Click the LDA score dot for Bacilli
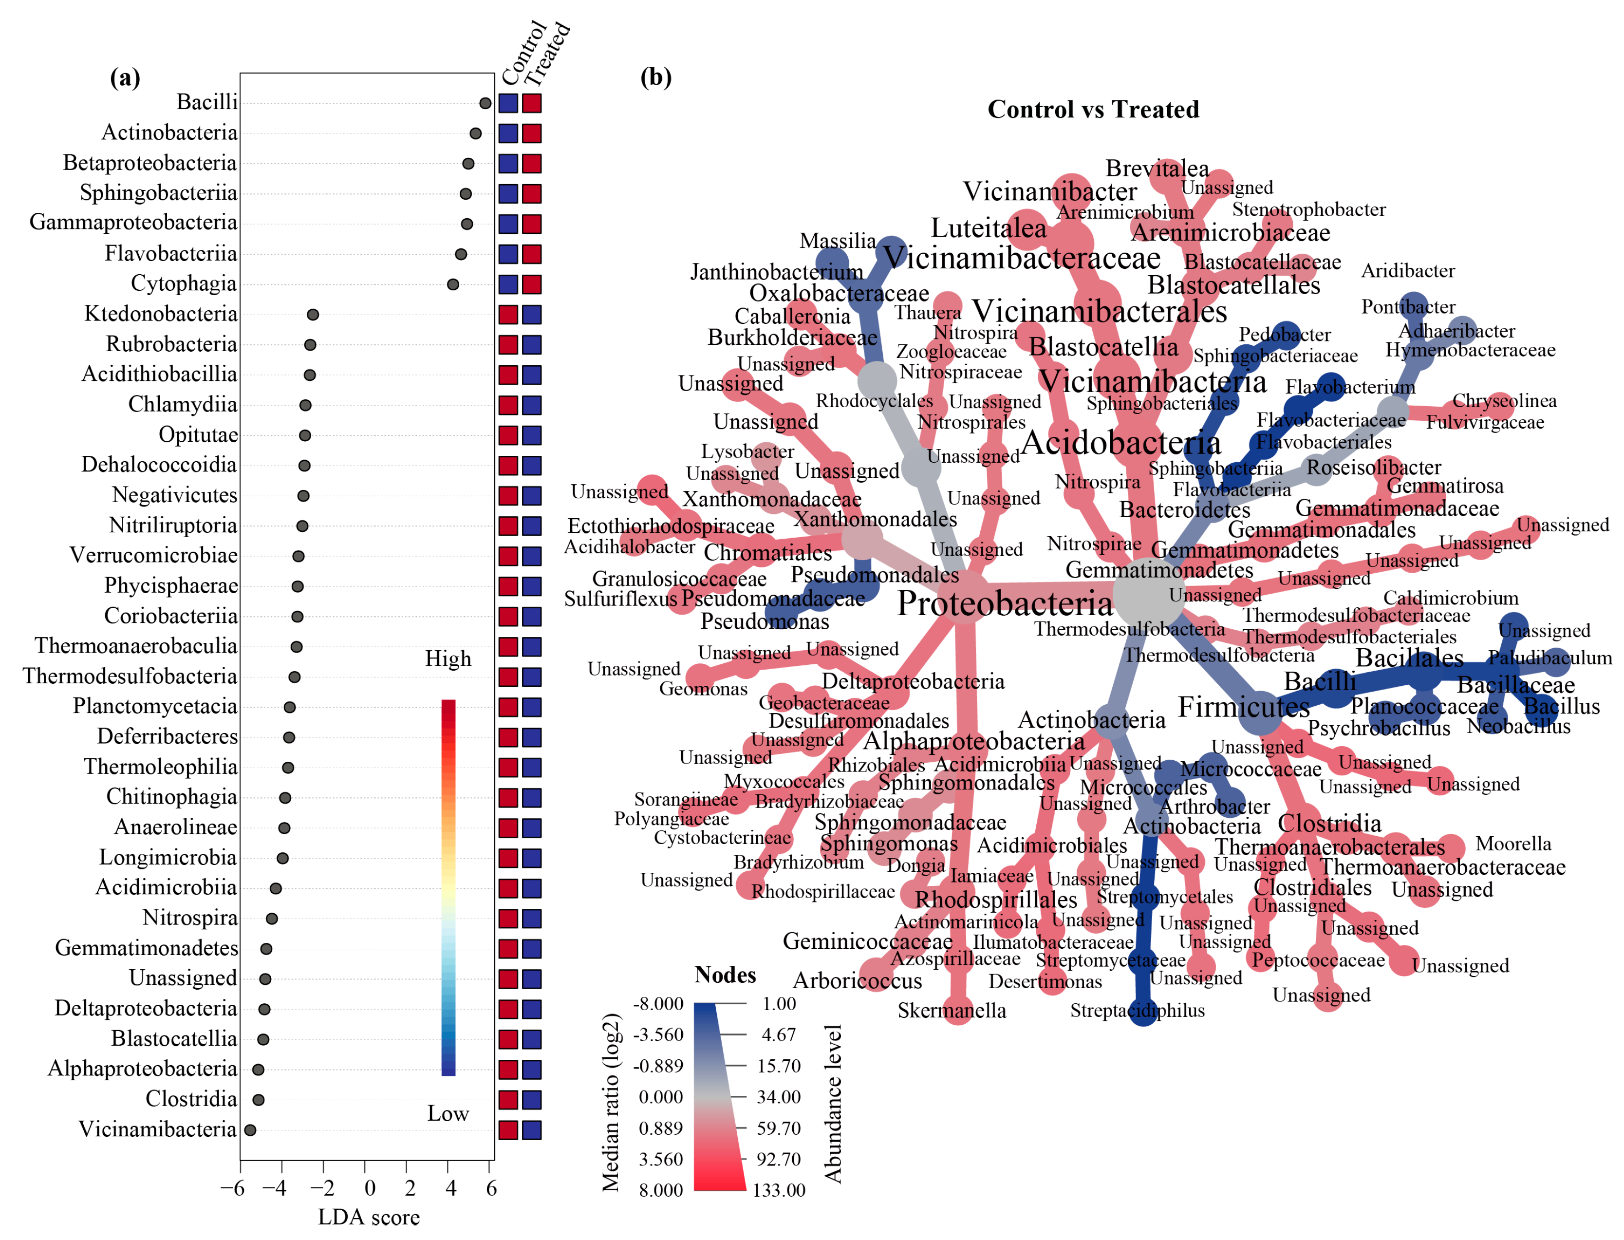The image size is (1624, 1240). click(x=485, y=103)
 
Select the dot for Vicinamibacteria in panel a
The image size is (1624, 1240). click(x=250, y=1130)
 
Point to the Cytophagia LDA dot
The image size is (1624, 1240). click(x=453, y=284)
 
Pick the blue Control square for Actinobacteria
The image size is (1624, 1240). click(x=507, y=133)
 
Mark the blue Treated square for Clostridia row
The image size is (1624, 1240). click(x=531, y=1100)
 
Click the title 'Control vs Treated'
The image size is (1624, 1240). click(x=1093, y=109)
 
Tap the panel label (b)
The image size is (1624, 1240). click(x=655, y=77)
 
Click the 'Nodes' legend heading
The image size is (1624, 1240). click(x=725, y=975)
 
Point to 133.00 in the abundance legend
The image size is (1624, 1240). click(x=779, y=1190)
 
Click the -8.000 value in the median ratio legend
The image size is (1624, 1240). click(x=658, y=1004)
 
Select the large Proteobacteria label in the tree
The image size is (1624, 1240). click(x=1004, y=604)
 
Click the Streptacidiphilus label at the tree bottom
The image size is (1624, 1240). click(x=1137, y=1011)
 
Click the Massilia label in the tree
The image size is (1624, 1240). click(x=838, y=241)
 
